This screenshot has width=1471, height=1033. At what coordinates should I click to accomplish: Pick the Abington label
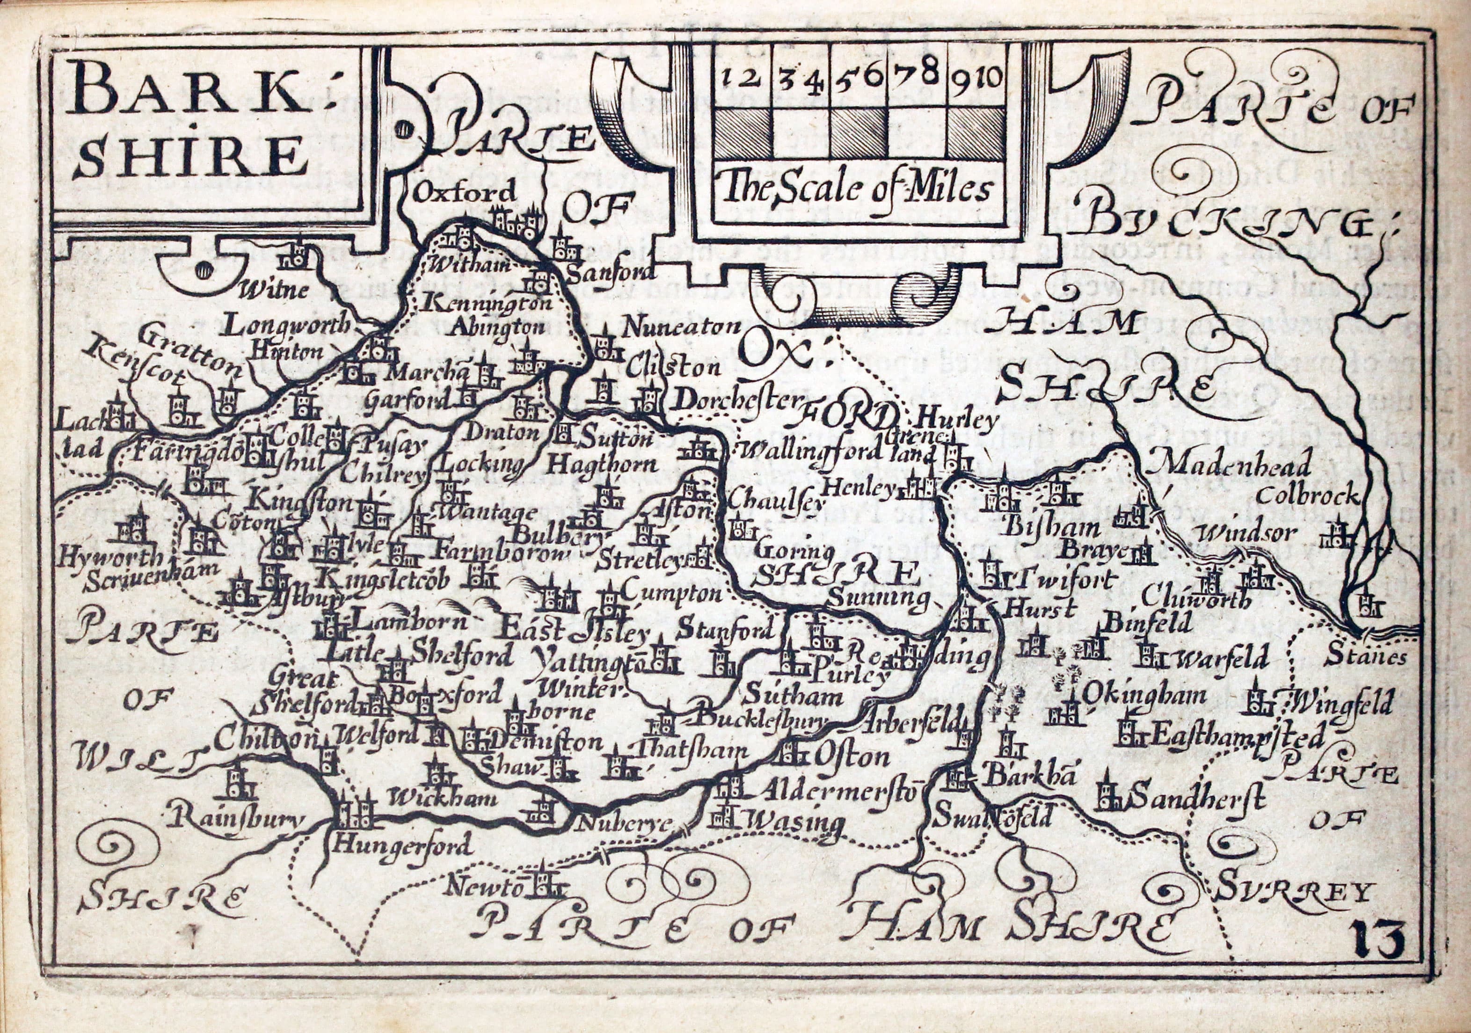(496, 327)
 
